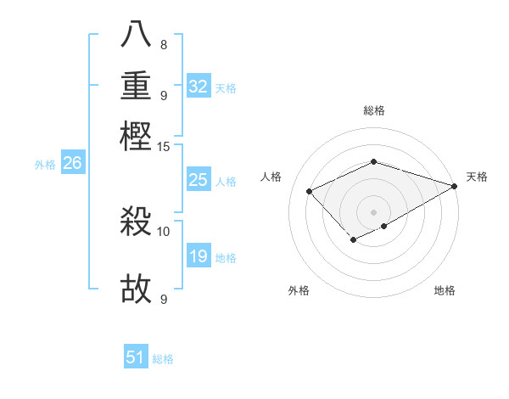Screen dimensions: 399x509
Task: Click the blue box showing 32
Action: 199,87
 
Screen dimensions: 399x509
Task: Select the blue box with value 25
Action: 199,180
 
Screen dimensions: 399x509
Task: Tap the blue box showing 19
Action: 199,256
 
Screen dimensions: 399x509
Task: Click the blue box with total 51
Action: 136,358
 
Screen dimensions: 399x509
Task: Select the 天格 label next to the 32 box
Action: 225,87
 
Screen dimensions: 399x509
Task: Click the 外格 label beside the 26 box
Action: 45,165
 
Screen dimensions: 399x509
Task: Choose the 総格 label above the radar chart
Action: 373,110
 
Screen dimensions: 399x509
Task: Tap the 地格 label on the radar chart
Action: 445,291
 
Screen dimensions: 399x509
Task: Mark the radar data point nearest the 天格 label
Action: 455,186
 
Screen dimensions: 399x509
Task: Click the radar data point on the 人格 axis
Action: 310,192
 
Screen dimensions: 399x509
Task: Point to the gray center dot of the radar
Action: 373,211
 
